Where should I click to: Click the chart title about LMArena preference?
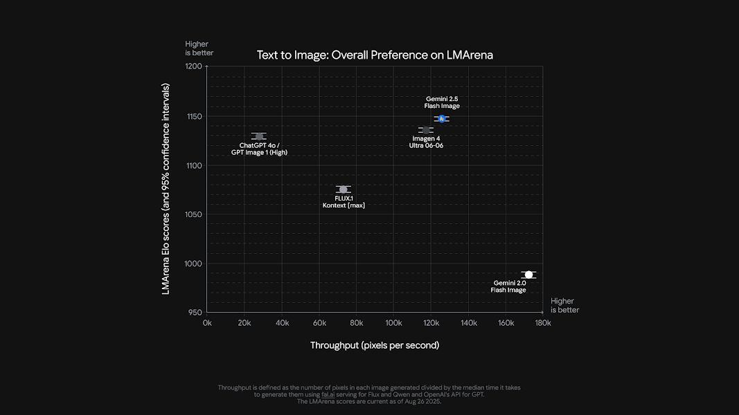coord(375,55)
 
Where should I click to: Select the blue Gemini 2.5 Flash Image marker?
coord(441,119)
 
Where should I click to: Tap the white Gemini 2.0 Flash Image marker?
coord(528,275)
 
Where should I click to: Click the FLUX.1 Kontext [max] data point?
coord(343,190)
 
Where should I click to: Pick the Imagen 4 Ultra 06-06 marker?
coord(426,130)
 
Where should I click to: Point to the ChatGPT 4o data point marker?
coord(259,136)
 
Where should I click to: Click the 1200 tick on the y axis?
coord(193,67)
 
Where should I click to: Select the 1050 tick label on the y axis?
coord(193,214)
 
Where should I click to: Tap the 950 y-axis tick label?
coord(195,313)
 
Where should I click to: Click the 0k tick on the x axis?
coord(207,323)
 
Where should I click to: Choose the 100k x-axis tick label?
coord(393,323)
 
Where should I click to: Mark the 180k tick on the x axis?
coord(542,323)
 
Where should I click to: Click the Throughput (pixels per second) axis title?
coord(375,345)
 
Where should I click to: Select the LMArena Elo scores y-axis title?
coord(166,189)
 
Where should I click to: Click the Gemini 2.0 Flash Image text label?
coord(509,286)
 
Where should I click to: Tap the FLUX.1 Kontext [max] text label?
coord(344,202)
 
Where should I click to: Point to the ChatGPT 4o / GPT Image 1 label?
coord(259,149)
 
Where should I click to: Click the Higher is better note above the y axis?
coord(199,48)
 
